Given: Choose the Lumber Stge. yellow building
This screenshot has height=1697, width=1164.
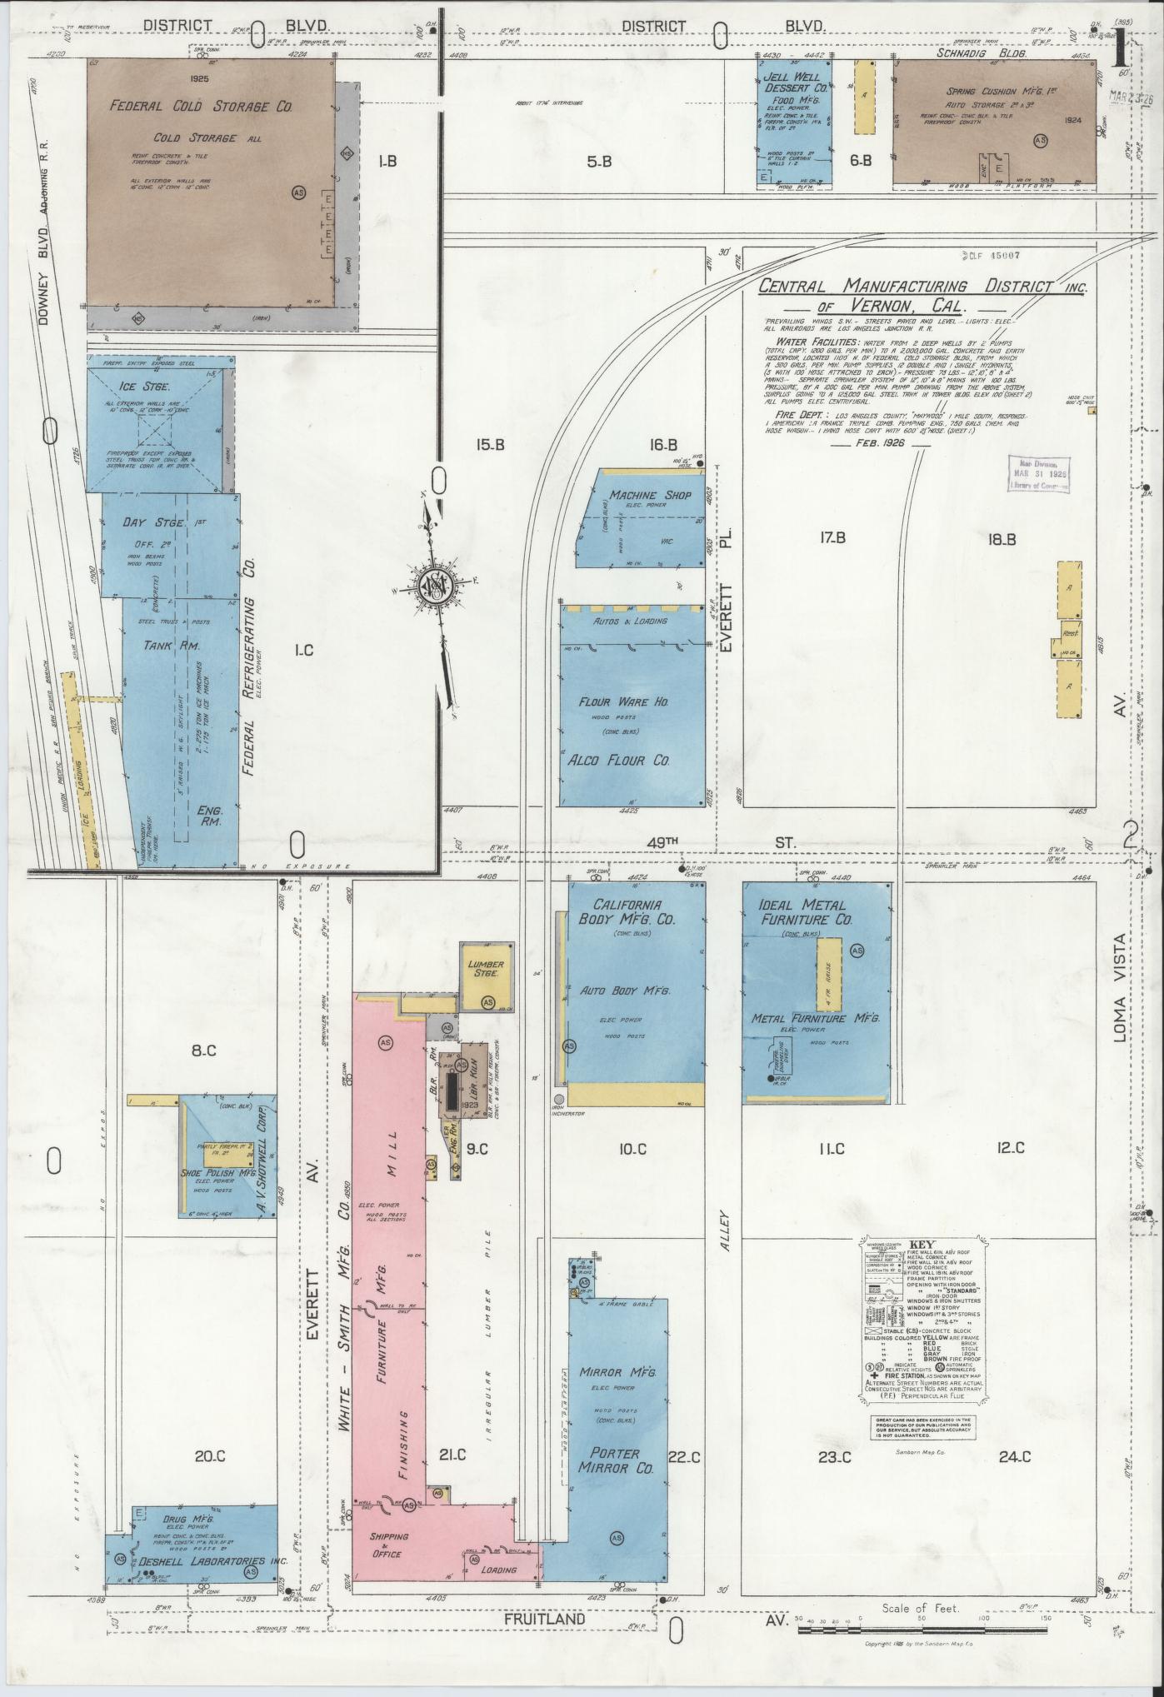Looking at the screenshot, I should (x=487, y=976).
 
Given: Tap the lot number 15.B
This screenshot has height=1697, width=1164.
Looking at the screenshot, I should (x=490, y=445).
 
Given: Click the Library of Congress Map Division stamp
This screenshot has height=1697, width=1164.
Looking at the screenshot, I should (x=1038, y=473).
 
